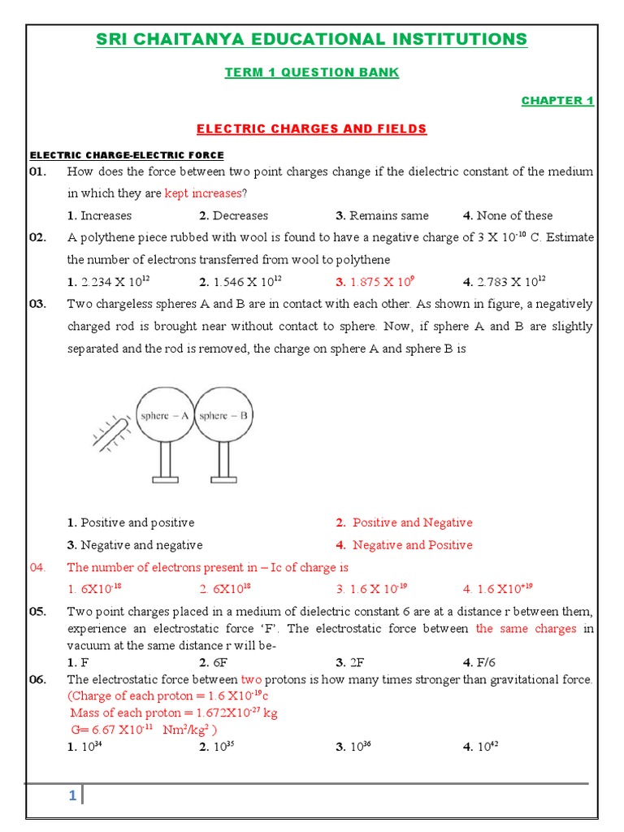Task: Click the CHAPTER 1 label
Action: coord(557,101)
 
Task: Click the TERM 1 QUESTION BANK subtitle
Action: coord(312,72)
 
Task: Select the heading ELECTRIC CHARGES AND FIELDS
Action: coord(312,129)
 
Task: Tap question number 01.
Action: coord(38,171)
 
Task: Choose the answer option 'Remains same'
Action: coord(382,215)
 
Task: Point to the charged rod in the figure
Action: coord(112,432)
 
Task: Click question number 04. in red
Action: coord(40,567)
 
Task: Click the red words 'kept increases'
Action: coord(203,193)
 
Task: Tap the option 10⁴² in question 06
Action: coord(480,747)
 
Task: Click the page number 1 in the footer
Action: coord(72,796)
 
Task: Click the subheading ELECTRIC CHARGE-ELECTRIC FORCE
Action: coord(127,155)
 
